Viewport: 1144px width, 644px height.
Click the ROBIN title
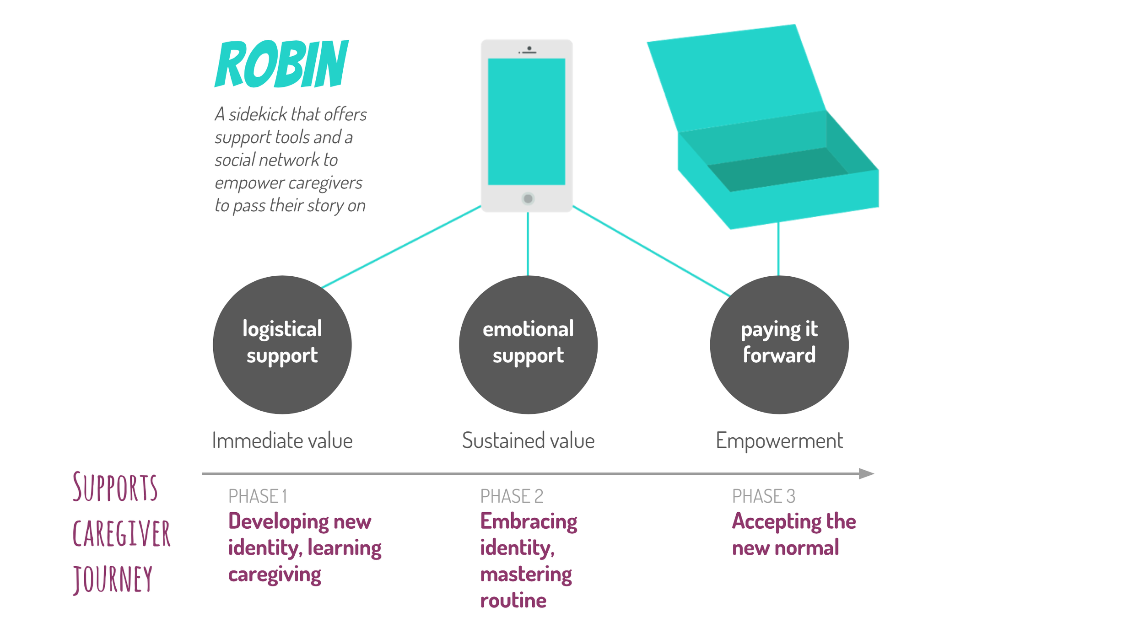(282, 64)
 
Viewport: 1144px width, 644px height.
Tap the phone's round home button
(528, 199)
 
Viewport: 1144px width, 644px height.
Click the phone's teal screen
(526, 121)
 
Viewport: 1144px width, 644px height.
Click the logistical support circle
(282, 344)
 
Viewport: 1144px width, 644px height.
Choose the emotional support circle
(528, 344)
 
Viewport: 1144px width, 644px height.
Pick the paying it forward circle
(779, 344)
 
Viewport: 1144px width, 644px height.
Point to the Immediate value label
(282, 440)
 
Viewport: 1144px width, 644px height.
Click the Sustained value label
(528, 440)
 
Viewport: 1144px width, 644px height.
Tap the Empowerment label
(779, 440)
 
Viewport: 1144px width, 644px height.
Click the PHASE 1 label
(258, 496)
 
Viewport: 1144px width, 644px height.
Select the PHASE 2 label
(512, 496)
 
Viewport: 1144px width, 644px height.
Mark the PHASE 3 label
(763, 496)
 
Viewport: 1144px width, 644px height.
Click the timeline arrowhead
(866, 473)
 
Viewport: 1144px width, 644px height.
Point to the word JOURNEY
(113, 579)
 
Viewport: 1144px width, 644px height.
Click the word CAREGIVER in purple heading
(121, 534)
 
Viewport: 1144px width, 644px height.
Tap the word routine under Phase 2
(513, 601)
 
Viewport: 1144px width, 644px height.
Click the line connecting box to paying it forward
(778, 249)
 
